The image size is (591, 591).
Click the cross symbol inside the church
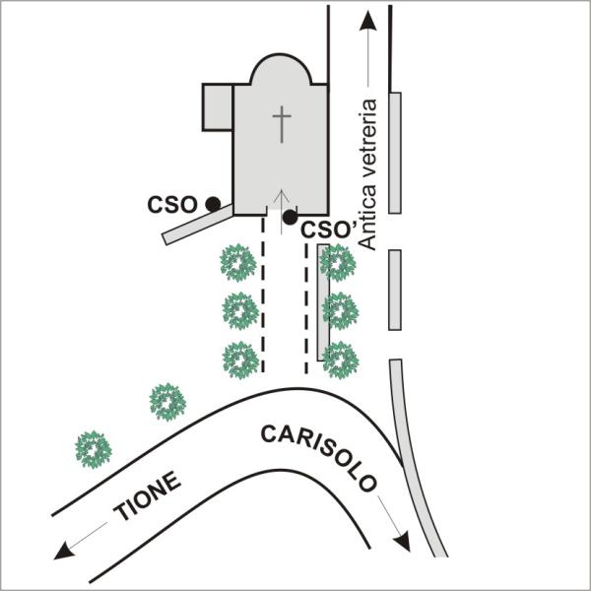click(282, 124)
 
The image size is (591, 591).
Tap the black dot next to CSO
click(213, 204)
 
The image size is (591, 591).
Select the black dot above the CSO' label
click(290, 217)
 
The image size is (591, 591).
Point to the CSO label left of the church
click(172, 205)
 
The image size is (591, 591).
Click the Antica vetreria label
click(367, 174)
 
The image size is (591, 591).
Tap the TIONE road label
click(148, 495)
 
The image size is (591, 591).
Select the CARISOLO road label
click(319, 457)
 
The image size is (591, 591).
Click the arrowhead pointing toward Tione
click(63, 550)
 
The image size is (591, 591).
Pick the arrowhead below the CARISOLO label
click(402, 542)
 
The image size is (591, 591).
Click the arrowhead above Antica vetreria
click(367, 21)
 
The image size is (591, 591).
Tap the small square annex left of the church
click(218, 107)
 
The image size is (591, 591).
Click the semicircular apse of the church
click(281, 70)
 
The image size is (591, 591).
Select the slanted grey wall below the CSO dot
click(198, 225)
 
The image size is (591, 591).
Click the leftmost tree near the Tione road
click(94, 450)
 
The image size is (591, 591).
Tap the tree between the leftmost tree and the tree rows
click(167, 402)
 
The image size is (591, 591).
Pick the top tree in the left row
click(238, 263)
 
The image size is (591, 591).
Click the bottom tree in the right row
click(341, 360)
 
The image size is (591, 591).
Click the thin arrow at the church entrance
click(281, 212)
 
